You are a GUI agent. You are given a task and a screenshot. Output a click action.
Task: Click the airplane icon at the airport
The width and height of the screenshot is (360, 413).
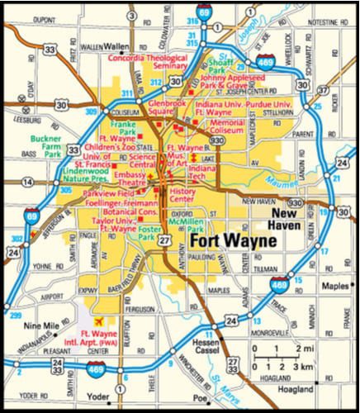100,320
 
